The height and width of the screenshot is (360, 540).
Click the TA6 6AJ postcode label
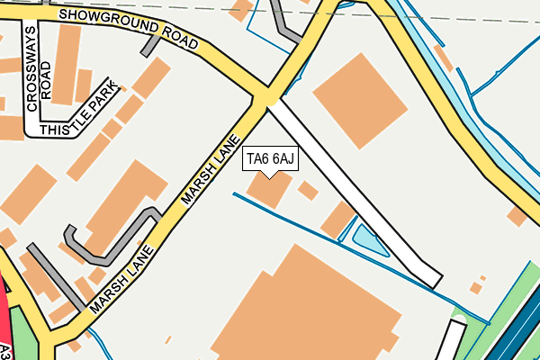270,159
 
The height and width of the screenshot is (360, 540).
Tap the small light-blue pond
369,239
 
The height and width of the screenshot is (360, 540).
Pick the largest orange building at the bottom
306,310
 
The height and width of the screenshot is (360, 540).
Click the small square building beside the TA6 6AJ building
308,191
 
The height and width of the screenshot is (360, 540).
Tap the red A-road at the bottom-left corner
9,324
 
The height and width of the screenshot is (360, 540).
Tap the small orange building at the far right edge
517,216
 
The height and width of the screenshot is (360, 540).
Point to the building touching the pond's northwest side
338,220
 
